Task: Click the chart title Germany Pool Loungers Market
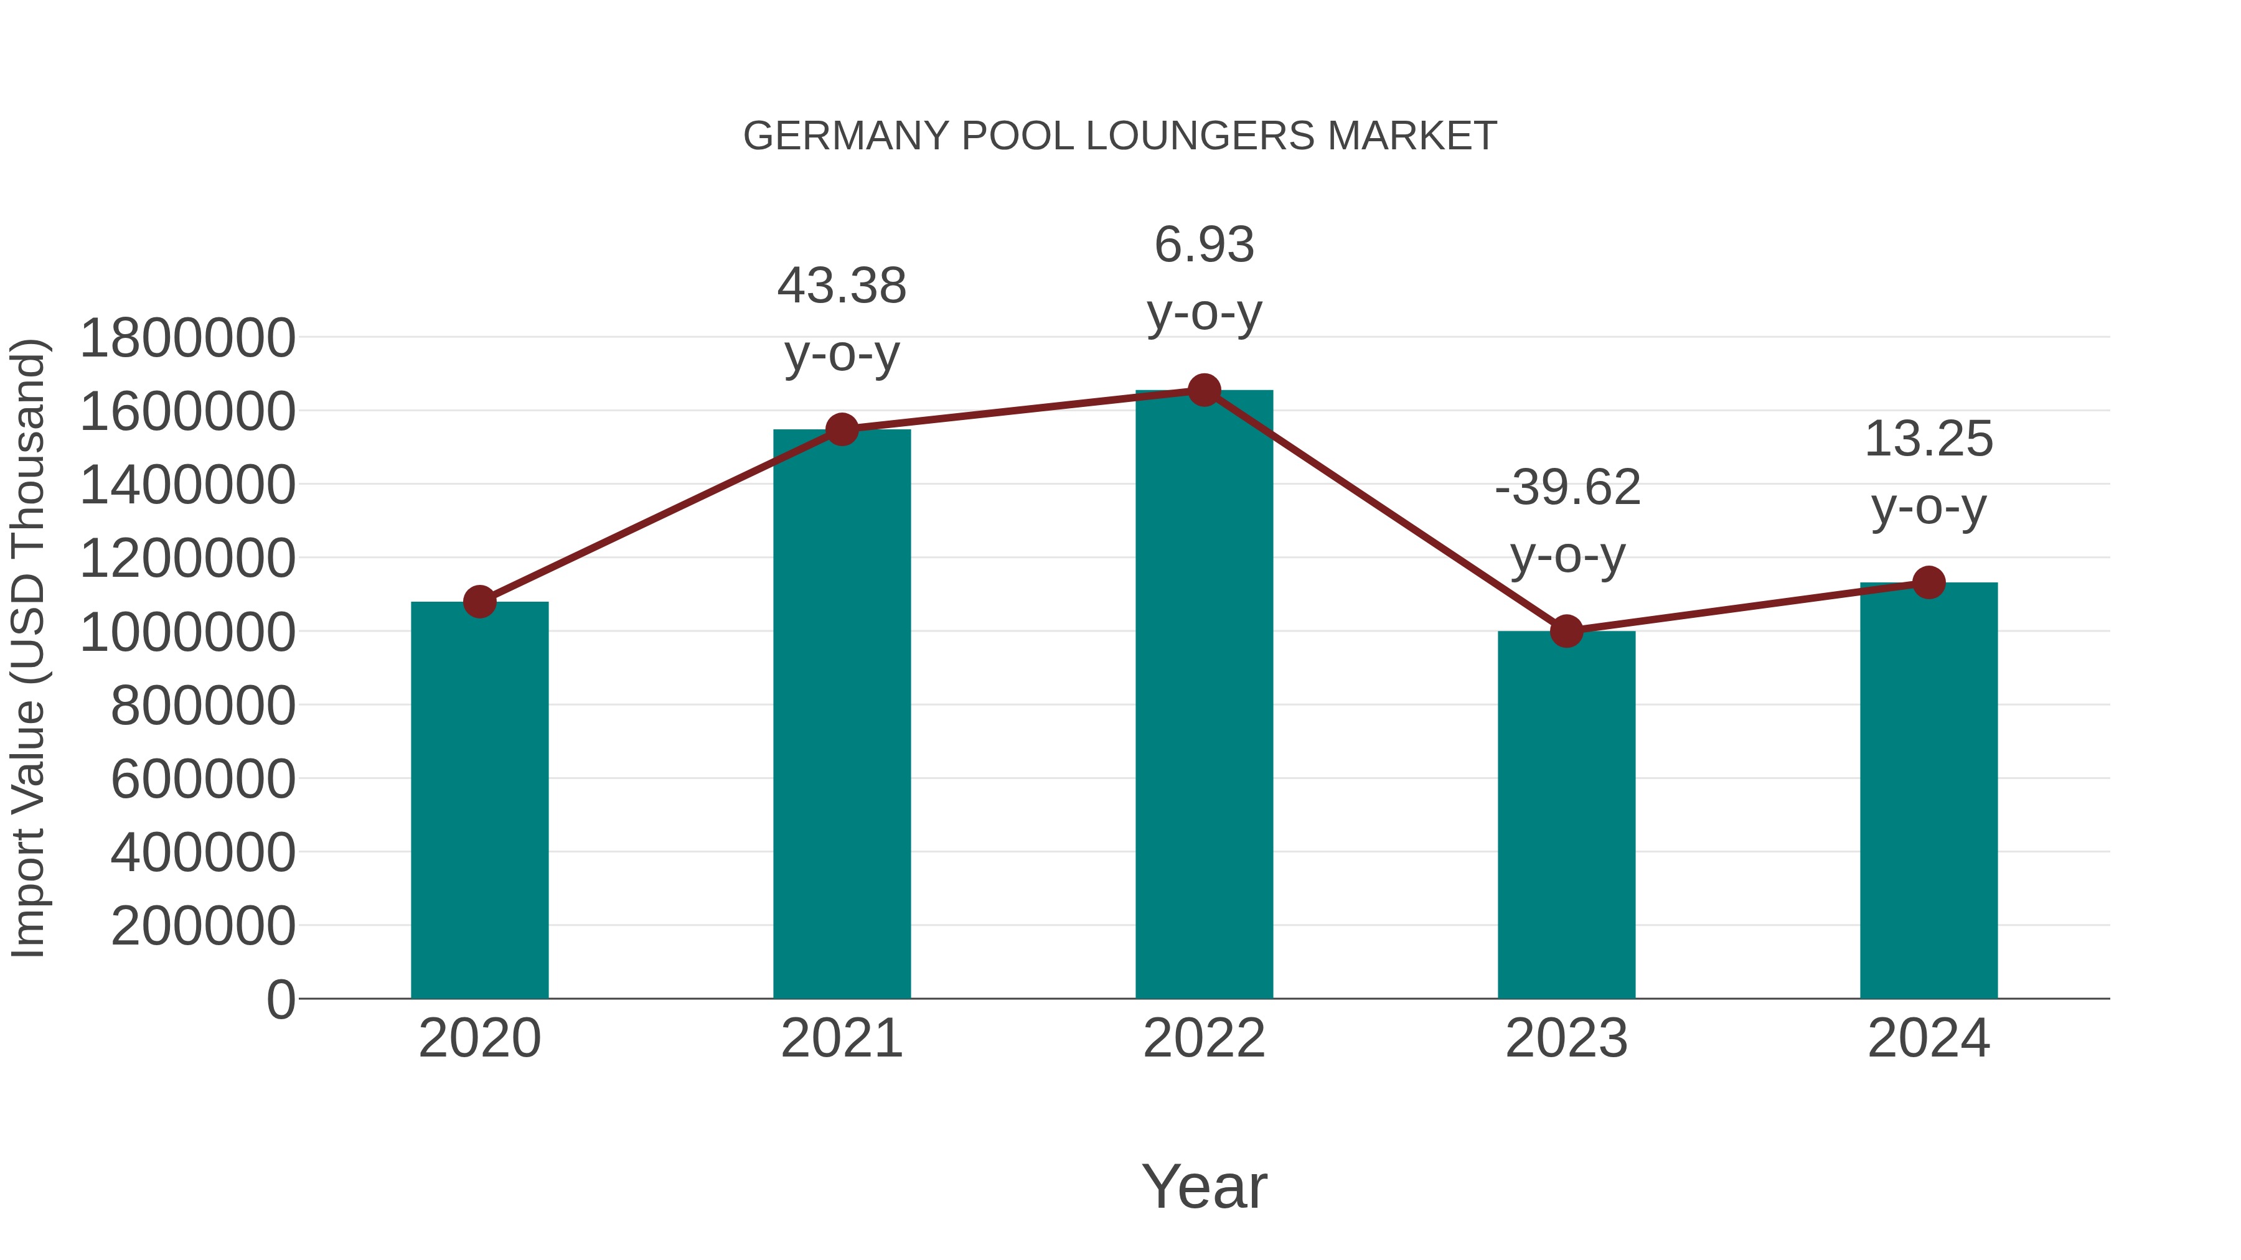(x=1120, y=136)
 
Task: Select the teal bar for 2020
(x=479, y=800)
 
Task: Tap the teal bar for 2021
(x=841, y=713)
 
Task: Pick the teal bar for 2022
(x=1204, y=696)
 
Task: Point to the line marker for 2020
(x=479, y=602)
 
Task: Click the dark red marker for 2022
(x=1204, y=390)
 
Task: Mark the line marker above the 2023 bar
(x=1566, y=632)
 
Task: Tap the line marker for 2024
(x=1929, y=582)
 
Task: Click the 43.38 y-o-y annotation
(x=841, y=319)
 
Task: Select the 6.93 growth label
(x=1204, y=278)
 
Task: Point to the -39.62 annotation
(x=1567, y=520)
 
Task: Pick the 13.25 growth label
(x=1929, y=472)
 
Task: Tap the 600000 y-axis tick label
(x=203, y=778)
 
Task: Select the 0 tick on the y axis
(x=280, y=999)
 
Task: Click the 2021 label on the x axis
(x=841, y=1038)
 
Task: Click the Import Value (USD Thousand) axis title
(x=28, y=648)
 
